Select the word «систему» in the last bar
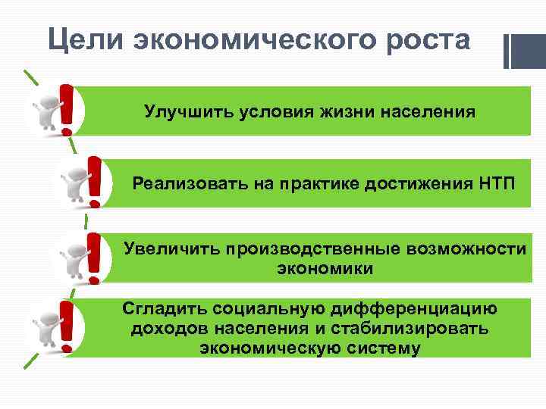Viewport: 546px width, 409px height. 381,348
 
